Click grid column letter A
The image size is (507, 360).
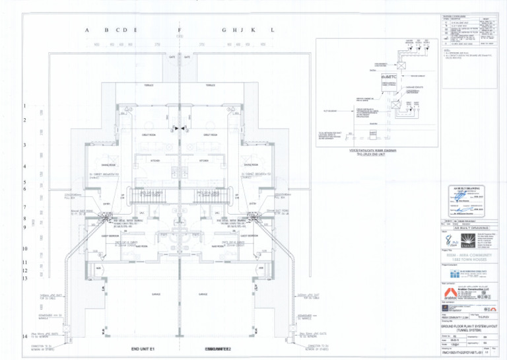(87, 31)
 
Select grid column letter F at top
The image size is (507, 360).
(180, 31)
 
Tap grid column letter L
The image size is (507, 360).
(272, 31)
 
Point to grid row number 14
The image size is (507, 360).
(24, 336)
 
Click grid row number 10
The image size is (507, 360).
(24, 249)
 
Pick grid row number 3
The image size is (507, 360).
(24, 145)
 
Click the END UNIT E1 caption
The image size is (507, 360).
(142, 348)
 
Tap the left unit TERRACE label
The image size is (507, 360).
(149, 85)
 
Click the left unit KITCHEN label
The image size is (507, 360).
(156, 161)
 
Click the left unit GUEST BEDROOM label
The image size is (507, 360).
(111, 235)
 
